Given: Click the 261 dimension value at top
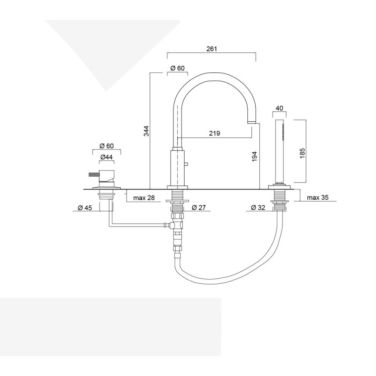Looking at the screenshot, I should click(x=211, y=49).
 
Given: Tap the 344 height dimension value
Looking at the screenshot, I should click(x=146, y=131).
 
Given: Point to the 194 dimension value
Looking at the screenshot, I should click(x=254, y=156).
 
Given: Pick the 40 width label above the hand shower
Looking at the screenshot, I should click(x=279, y=108).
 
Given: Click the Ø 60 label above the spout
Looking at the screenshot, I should click(x=178, y=68).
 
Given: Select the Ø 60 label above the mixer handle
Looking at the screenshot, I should click(x=106, y=146).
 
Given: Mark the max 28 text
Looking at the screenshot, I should click(x=144, y=198).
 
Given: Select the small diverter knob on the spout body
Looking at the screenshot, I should click(x=187, y=164).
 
